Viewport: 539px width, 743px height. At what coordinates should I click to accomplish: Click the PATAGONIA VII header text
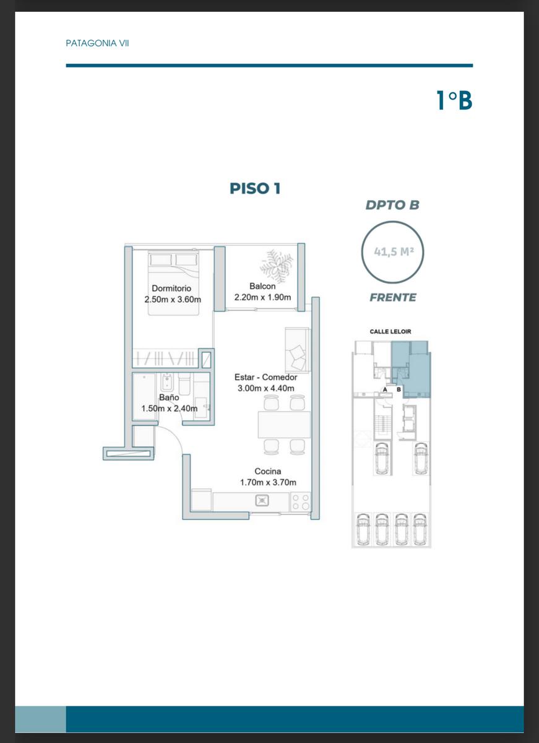(97, 43)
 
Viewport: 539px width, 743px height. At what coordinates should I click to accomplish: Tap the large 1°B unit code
(454, 100)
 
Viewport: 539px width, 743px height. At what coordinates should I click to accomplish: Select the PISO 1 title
(255, 188)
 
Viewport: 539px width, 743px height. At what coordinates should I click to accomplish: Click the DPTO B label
(392, 205)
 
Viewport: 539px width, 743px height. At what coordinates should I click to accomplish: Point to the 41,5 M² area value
(394, 252)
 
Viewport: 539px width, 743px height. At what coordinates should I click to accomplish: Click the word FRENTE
(393, 298)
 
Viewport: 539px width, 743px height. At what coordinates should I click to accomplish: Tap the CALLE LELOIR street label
(390, 331)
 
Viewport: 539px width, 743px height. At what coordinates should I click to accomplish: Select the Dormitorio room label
(171, 289)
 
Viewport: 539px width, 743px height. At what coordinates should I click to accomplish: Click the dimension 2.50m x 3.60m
(173, 299)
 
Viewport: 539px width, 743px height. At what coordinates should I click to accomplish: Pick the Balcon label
(262, 286)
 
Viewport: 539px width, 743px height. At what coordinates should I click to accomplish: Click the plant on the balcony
(277, 266)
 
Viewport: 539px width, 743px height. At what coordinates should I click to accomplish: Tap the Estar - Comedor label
(266, 377)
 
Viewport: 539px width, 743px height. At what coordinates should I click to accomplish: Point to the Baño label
(169, 398)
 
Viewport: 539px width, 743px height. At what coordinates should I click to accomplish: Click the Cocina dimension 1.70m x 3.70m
(268, 482)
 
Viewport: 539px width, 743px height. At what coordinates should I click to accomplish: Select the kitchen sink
(262, 500)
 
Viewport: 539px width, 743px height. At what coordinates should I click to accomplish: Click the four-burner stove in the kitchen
(301, 502)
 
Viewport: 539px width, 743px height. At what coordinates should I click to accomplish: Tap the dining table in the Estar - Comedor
(285, 425)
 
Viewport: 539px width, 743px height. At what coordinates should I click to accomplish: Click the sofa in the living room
(297, 350)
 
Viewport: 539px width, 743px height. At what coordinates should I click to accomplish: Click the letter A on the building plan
(385, 389)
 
